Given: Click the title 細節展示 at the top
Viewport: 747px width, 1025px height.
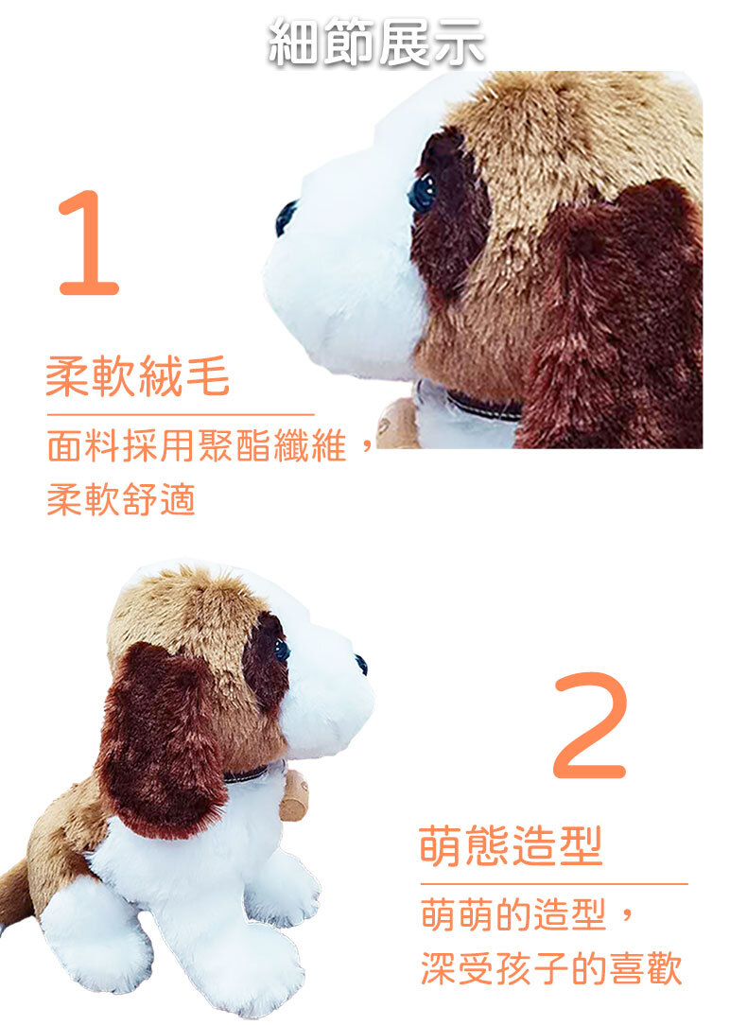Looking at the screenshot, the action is tap(376, 43).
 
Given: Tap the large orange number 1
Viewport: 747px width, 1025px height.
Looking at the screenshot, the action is tap(89, 242).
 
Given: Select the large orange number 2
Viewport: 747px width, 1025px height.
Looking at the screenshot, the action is tap(590, 725).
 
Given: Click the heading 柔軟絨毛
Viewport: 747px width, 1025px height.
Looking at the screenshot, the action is tap(138, 376).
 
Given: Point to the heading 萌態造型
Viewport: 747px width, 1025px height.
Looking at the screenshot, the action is tap(511, 846).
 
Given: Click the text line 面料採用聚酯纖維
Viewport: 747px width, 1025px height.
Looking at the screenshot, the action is tap(197, 447).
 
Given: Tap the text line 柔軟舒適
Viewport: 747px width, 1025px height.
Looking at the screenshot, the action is tap(122, 500).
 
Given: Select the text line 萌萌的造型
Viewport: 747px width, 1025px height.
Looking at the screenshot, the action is tap(513, 914).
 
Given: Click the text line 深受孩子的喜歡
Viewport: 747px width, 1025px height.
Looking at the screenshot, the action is tap(551, 969).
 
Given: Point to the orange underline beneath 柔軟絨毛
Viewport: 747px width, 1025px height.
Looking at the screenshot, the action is tap(181, 414).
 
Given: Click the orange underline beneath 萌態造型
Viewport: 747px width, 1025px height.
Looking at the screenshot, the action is tap(554, 884).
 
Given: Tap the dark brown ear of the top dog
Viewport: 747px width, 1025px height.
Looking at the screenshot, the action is tap(615, 314).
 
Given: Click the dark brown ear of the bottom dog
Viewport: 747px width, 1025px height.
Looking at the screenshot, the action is tap(160, 738).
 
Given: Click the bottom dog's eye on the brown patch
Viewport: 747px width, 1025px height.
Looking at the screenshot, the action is tap(281, 651).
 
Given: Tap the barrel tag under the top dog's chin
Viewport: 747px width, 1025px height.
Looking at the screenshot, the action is tap(397, 426).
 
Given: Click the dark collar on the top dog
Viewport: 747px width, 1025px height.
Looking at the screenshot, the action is tap(483, 406).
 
